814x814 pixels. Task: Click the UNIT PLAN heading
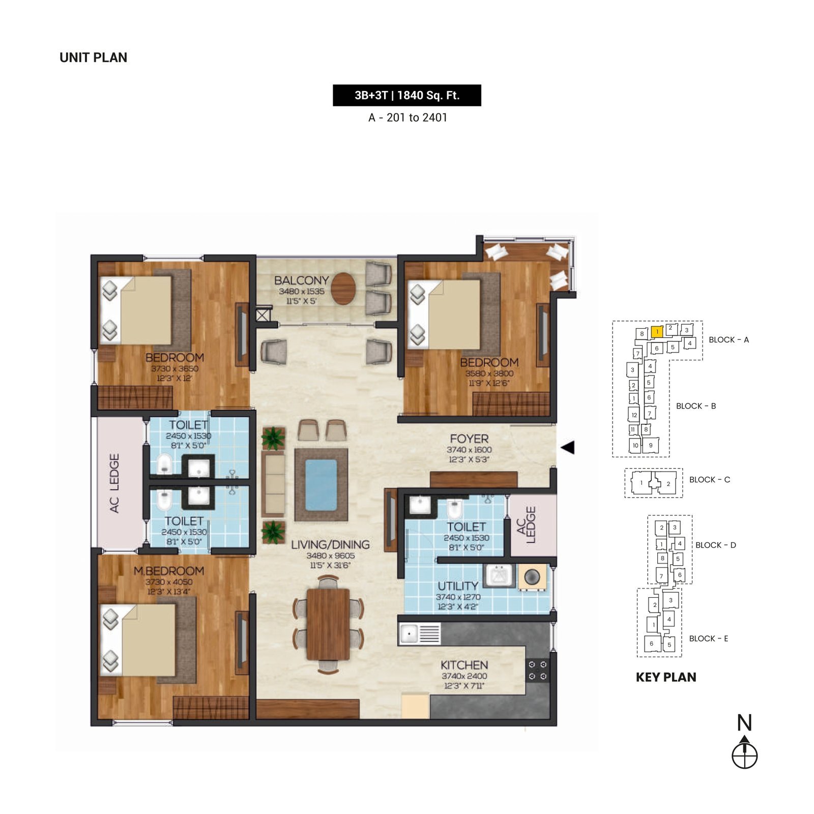tap(93, 57)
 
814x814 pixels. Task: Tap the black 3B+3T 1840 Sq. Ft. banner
tap(407, 95)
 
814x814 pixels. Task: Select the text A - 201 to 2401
tap(408, 118)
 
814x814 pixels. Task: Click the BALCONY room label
tap(301, 280)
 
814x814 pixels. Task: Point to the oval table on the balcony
tap(343, 288)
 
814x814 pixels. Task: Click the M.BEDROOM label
tap(169, 571)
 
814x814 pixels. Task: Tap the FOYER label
tap(469, 439)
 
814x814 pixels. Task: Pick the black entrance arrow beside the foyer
tap(568, 447)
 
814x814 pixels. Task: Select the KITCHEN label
tap(464, 665)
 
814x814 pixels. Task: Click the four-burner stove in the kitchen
tap(537, 671)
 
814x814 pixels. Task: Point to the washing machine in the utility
tap(532, 577)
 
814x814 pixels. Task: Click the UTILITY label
tap(458, 586)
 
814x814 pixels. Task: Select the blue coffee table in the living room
tap(321, 485)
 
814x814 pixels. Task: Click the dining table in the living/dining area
tap(328, 624)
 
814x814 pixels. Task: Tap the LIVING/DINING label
tap(330, 545)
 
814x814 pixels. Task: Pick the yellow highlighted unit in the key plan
tap(657, 332)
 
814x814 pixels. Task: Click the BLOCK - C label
tap(709, 480)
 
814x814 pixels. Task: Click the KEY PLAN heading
tap(666, 677)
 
